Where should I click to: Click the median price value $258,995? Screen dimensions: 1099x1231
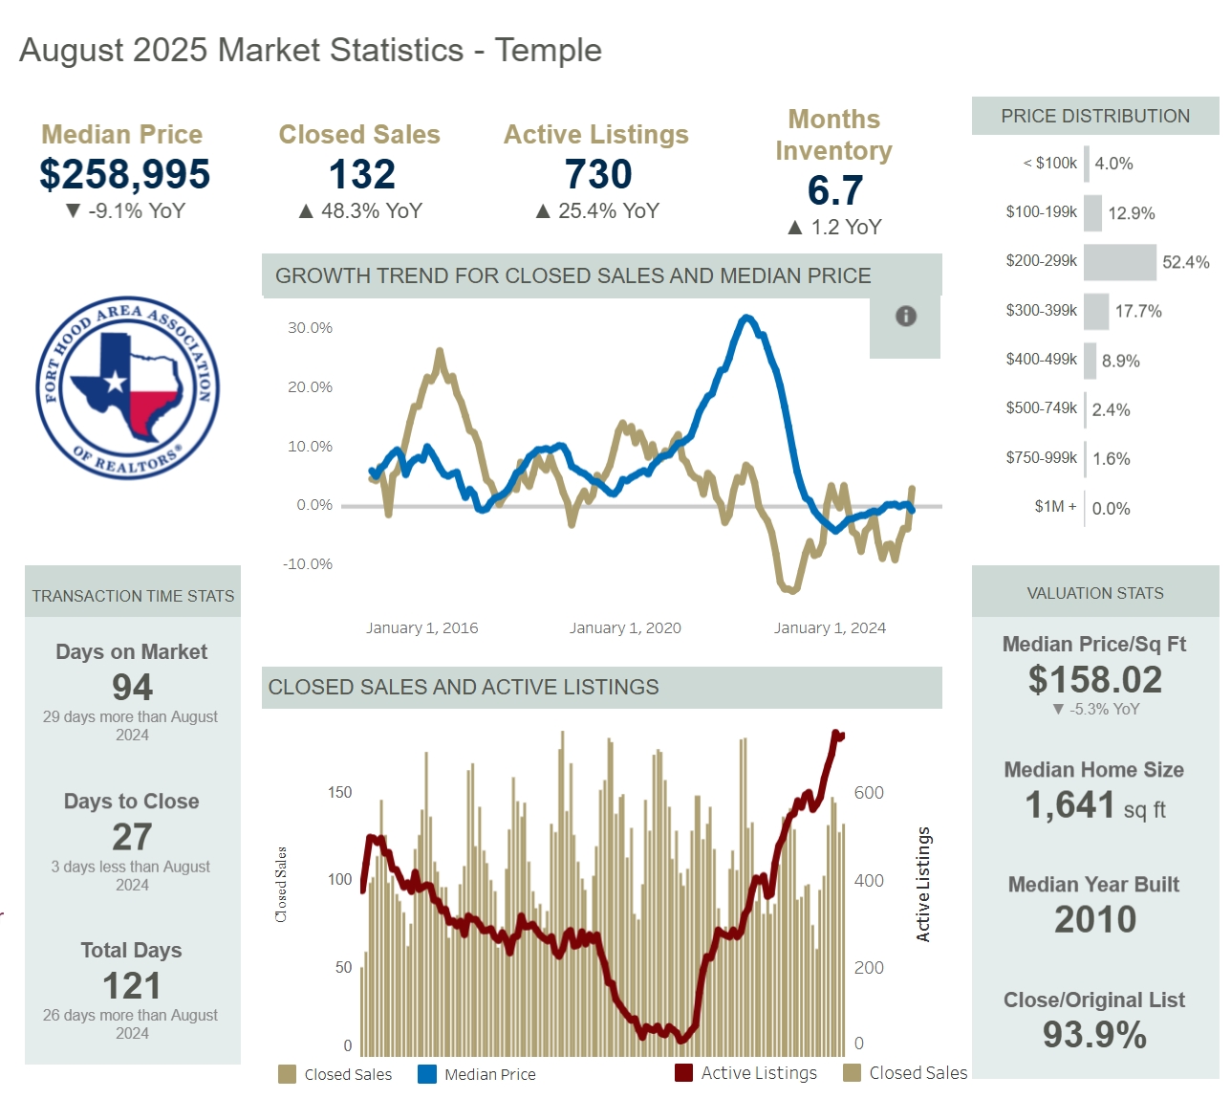[x=124, y=175]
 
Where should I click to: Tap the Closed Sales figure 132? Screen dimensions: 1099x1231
[x=361, y=175]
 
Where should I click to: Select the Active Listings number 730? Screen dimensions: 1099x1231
[x=598, y=175]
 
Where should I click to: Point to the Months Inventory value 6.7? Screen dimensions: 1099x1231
[x=834, y=191]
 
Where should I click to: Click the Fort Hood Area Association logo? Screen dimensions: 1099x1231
[x=127, y=387]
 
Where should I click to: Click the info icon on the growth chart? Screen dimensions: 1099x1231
[x=905, y=317]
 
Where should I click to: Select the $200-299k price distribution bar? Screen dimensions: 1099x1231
[x=1119, y=262]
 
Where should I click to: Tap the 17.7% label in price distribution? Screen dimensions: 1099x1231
[x=1138, y=312]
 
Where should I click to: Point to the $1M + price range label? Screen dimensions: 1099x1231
[x=1055, y=507]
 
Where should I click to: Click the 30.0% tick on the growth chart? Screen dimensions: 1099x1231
[x=310, y=328]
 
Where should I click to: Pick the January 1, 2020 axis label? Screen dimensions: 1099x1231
[x=625, y=628]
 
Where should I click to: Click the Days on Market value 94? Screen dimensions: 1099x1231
[x=132, y=687]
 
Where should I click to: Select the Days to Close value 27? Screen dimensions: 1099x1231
[x=132, y=837]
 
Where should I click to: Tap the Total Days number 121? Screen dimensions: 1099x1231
[x=132, y=986]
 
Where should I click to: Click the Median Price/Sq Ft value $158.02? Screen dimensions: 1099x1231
[x=1094, y=680]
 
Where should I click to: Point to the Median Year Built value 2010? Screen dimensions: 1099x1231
[x=1094, y=920]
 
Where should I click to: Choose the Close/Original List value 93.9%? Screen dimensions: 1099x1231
[x=1094, y=1035]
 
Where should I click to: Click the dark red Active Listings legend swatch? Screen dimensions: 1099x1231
[x=683, y=1072]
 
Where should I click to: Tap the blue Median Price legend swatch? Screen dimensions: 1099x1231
[x=427, y=1074]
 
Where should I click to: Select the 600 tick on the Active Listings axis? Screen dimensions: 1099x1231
[x=869, y=793]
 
